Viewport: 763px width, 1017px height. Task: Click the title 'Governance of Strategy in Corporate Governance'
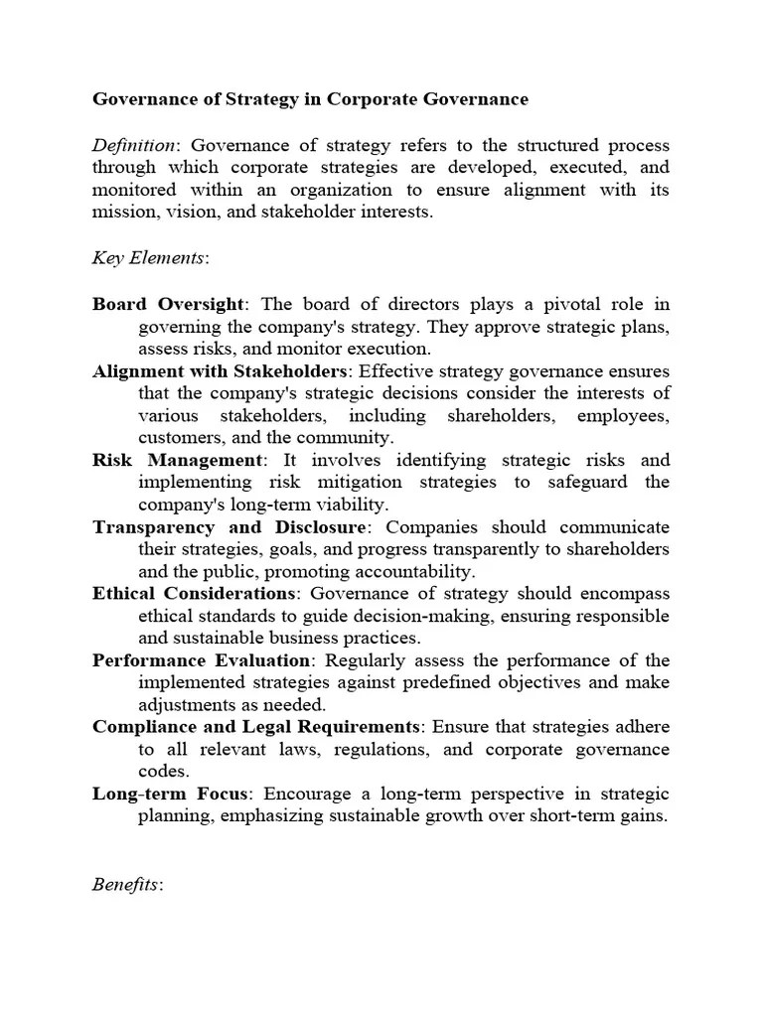[x=310, y=99]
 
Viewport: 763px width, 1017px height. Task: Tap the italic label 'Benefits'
[x=126, y=884]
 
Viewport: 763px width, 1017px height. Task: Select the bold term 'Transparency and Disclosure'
[x=229, y=527]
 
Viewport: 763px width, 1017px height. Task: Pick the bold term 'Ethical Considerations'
[x=194, y=594]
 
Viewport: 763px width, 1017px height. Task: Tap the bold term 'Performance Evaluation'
[x=202, y=660]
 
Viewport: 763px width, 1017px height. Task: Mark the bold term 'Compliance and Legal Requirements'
[x=255, y=727]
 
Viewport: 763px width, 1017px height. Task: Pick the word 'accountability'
[x=415, y=572]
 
